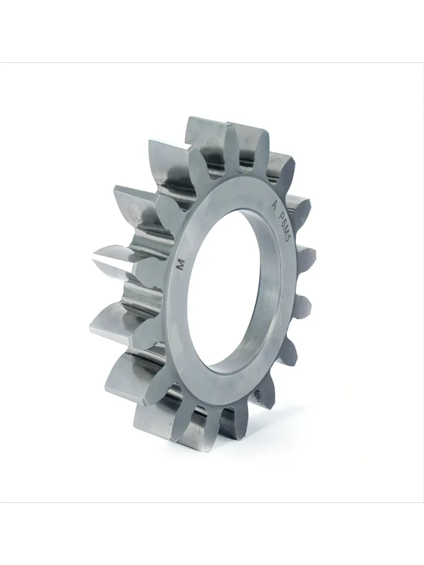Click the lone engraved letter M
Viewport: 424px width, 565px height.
pos(182,265)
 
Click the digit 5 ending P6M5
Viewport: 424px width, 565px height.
pos(286,239)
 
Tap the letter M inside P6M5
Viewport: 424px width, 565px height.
pos(285,230)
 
